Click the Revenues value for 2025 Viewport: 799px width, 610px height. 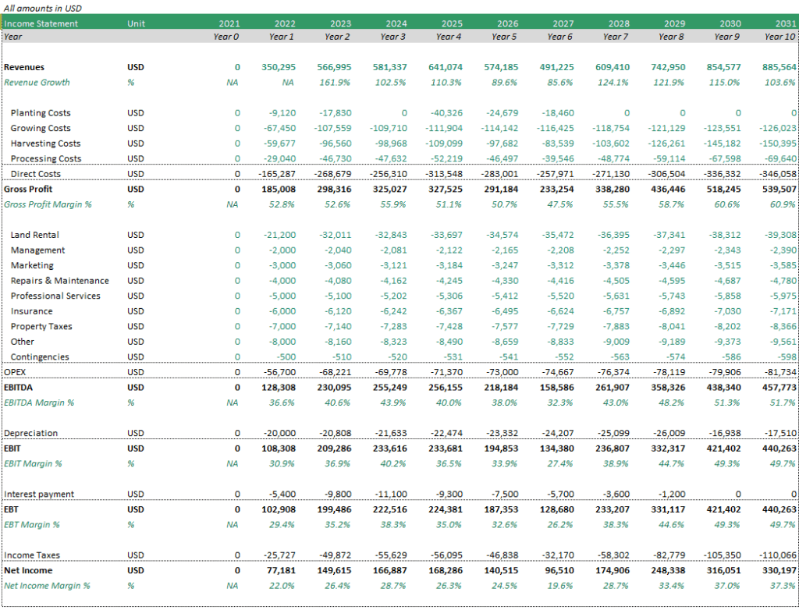[445, 67]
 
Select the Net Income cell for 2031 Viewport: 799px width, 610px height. [779, 570]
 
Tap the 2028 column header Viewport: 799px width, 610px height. [619, 23]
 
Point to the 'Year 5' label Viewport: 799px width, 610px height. [504, 37]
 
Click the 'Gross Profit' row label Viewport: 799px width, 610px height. [28, 189]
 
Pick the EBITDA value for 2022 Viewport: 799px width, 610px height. [279, 388]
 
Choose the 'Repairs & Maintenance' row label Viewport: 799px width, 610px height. [59, 280]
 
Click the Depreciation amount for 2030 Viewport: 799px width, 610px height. [723, 433]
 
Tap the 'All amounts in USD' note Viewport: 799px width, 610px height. [42, 8]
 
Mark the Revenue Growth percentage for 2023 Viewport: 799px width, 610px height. [335, 83]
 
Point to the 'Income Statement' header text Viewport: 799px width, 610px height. [41, 23]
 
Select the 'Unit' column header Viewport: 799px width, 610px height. [136, 23]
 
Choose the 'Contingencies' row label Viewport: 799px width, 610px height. [40, 356]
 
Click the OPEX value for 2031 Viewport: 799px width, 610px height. [780, 372]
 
